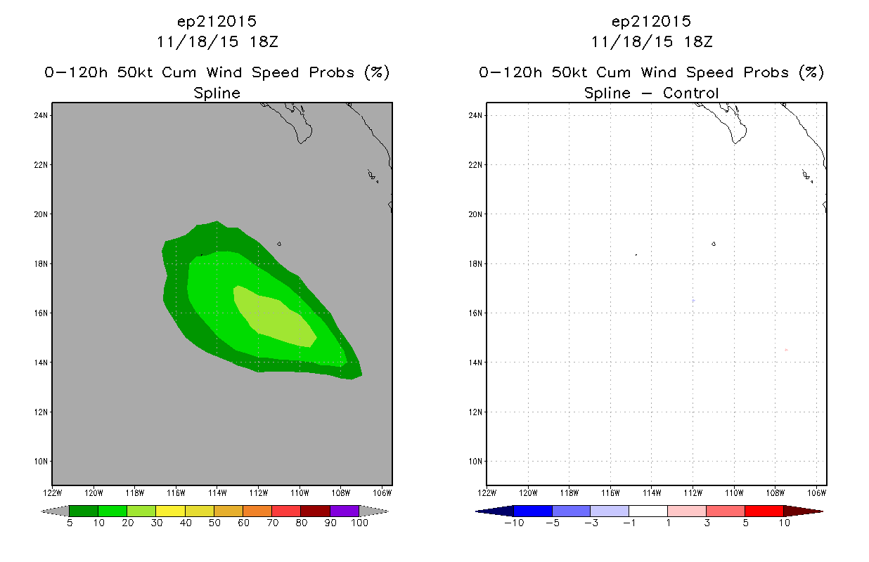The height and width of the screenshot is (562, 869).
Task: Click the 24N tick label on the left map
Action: click(x=41, y=115)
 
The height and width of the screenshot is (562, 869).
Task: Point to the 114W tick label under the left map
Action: click(x=217, y=493)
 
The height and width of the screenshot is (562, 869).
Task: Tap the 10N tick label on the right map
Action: click(x=475, y=462)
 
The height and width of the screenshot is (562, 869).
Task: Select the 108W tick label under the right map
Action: click(x=775, y=493)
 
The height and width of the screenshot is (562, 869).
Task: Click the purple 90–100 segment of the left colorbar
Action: click(x=345, y=511)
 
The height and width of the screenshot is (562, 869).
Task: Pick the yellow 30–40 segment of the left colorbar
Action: click(x=171, y=511)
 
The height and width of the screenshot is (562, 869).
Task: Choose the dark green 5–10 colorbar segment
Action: click(x=84, y=511)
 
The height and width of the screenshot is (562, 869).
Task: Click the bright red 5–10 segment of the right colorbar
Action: click(x=764, y=511)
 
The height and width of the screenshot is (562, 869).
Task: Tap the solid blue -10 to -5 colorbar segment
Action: click(x=533, y=511)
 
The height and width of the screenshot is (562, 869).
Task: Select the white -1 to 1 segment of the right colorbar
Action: click(x=648, y=511)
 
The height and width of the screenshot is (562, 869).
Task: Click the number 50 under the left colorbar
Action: click(x=214, y=523)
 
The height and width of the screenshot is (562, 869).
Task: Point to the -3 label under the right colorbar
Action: click(x=591, y=523)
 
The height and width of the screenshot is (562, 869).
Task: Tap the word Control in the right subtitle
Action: click(x=690, y=93)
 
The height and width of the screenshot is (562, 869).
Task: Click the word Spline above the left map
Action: click(x=217, y=93)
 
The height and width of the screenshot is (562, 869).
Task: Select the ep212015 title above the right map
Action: click(x=651, y=22)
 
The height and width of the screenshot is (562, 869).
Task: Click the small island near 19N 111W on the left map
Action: click(x=279, y=244)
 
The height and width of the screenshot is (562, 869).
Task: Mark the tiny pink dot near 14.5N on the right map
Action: click(x=786, y=350)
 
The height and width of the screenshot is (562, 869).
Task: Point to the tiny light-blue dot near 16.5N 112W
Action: click(x=693, y=301)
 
